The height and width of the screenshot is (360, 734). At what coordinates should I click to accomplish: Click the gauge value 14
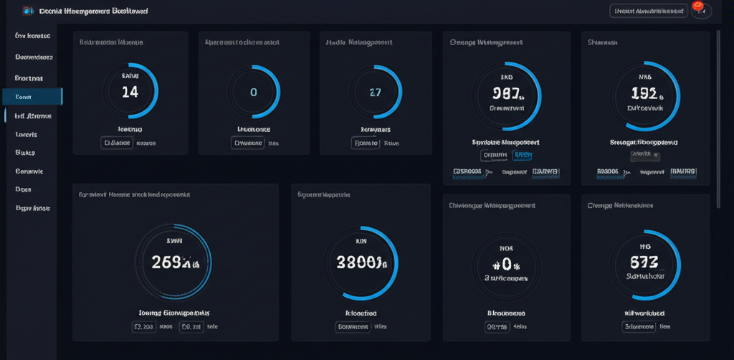click(x=130, y=92)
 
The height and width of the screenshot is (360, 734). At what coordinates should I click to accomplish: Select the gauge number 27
click(x=375, y=93)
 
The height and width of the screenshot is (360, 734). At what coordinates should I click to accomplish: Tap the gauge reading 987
click(x=507, y=93)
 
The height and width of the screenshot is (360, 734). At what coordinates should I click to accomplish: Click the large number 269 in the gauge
click(x=171, y=262)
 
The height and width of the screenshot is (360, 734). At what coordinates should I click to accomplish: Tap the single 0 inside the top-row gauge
click(x=253, y=93)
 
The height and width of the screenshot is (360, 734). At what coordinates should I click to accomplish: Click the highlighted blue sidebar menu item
click(x=32, y=97)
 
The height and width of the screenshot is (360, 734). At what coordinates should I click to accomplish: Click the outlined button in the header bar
click(x=648, y=11)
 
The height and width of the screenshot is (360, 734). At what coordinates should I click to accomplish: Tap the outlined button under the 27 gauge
click(x=365, y=143)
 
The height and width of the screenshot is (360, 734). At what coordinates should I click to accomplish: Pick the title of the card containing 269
click(x=134, y=194)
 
